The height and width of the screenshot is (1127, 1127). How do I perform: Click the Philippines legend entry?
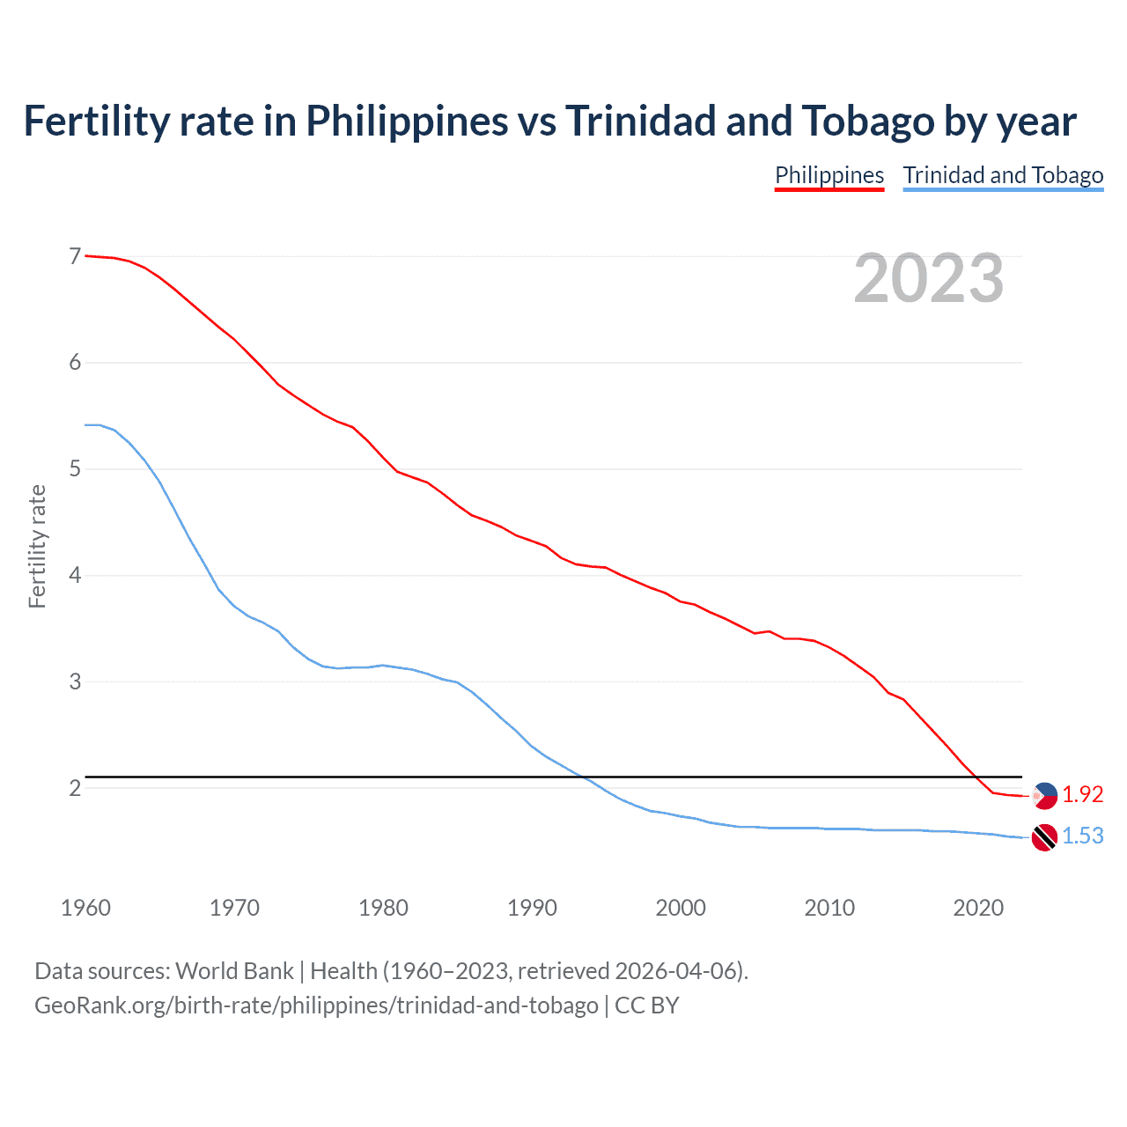point(829,175)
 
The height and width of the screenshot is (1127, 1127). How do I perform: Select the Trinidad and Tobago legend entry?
point(1003,175)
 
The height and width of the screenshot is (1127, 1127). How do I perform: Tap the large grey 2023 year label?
point(928,278)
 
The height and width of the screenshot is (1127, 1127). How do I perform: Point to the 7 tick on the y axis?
point(75,256)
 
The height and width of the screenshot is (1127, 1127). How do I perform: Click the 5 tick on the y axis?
point(75,468)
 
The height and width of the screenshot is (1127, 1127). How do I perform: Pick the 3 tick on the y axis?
point(75,681)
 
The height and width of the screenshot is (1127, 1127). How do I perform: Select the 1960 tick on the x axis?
point(85,908)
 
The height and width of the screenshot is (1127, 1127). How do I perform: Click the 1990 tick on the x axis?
point(532,908)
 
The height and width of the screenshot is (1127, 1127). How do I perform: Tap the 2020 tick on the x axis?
point(978,908)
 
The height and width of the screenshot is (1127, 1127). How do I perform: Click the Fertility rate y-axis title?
point(37,546)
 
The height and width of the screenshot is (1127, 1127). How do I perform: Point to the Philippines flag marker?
point(1044,795)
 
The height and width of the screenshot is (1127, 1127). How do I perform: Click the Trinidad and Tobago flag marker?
point(1044,837)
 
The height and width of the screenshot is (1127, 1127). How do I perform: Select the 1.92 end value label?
point(1082,794)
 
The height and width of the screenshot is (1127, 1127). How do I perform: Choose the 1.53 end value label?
point(1082,836)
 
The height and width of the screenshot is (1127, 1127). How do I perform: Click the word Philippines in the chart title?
point(407,122)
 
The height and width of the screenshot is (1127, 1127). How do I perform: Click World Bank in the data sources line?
point(234,971)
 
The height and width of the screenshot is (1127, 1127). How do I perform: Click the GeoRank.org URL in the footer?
point(316,1005)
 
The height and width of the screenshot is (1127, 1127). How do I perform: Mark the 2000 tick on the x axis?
point(681,908)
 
